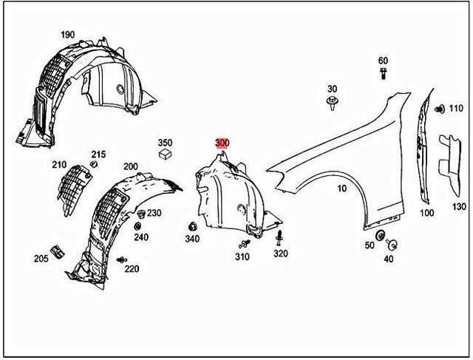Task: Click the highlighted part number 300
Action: tap(222, 143)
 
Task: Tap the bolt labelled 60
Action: tap(383, 74)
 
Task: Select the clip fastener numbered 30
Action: tap(333, 101)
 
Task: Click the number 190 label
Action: tap(67, 35)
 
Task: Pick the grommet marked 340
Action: tap(191, 226)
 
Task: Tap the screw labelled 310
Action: tap(243, 243)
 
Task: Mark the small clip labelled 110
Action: tap(439, 109)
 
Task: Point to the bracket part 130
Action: tap(448, 159)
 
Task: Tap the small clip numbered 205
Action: tap(55, 248)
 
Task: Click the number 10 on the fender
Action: tap(341, 189)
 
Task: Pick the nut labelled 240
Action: tap(139, 225)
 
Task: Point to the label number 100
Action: tap(427, 213)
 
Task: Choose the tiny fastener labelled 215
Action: tap(96, 166)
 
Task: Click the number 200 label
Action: tap(131, 167)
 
